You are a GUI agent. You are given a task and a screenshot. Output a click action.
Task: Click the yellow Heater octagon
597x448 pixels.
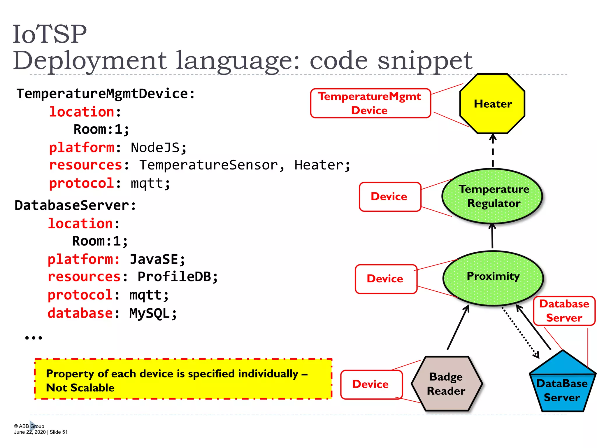pyautogui.click(x=492, y=104)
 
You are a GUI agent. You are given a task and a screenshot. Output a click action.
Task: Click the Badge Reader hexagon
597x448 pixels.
pyautogui.click(x=446, y=384)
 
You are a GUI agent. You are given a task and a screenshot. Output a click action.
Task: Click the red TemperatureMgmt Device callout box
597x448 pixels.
pyautogui.click(x=370, y=103)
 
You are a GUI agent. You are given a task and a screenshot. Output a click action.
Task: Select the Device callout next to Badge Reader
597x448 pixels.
pyautogui.click(x=371, y=384)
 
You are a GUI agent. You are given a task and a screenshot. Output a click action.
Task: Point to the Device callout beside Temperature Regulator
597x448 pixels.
pyautogui.click(x=390, y=197)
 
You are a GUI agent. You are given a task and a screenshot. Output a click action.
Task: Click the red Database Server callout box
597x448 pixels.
pyautogui.click(x=564, y=311)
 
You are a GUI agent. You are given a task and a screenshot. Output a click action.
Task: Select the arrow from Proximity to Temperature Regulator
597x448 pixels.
pyautogui.click(x=492, y=236)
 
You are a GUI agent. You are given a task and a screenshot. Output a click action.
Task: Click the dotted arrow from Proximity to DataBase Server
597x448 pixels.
pyautogui.click(x=520, y=332)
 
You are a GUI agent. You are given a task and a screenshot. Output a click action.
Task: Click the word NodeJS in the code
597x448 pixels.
pyautogui.click(x=155, y=148)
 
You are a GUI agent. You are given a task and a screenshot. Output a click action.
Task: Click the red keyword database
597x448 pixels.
pyautogui.click(x=80, y=314)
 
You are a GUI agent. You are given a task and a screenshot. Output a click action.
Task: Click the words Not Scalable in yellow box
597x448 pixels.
pyautogui.click(x=80, y=388)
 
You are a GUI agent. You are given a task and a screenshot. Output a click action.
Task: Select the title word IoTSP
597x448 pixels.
pyautogui.click(x=50, y=34)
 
